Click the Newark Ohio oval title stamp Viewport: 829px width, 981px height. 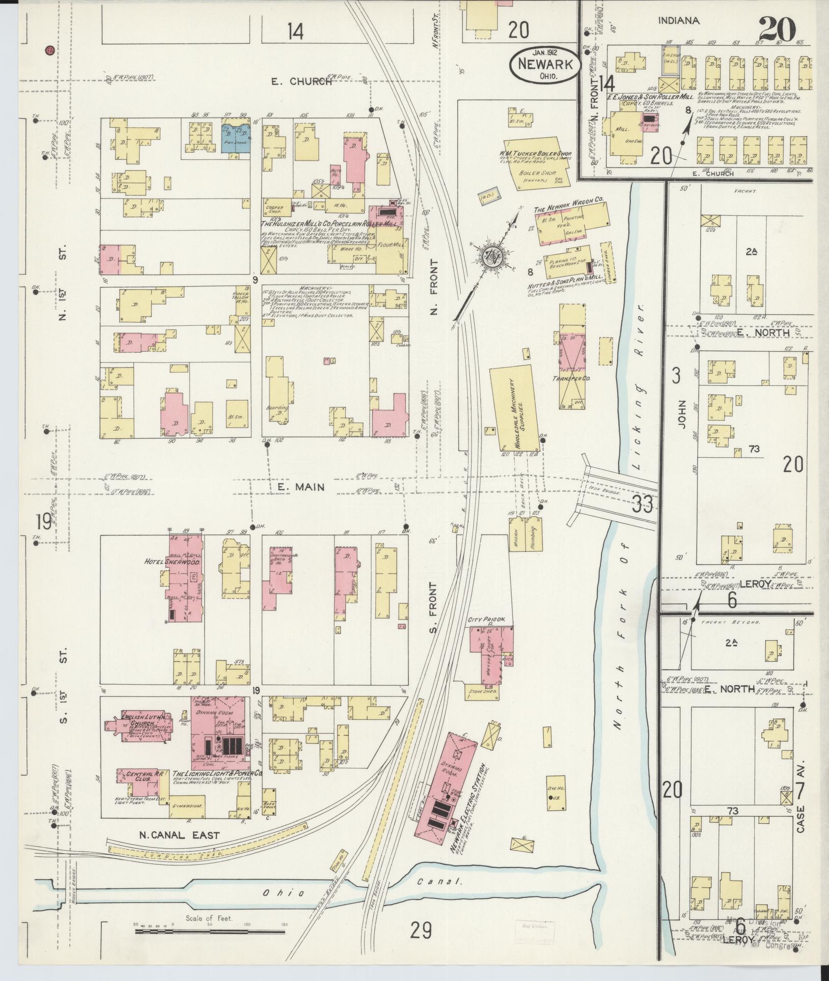tap(545, 64)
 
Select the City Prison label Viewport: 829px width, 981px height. tap(486, 620)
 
